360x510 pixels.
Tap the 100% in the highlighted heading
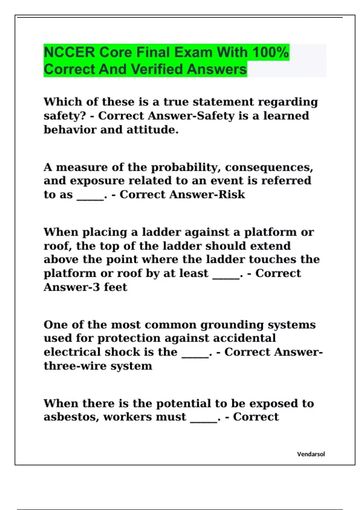(270, 52)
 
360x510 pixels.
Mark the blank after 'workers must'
(204, 419)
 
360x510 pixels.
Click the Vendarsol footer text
(311, 454)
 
